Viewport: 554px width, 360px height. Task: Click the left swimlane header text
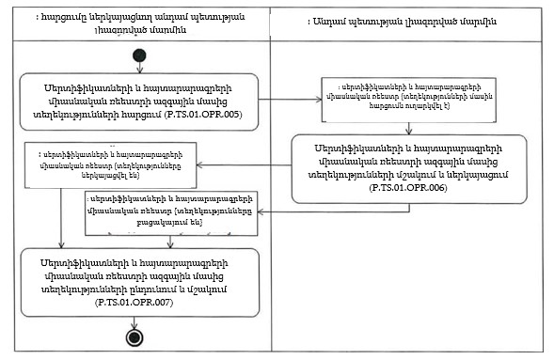tap(137, 23)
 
